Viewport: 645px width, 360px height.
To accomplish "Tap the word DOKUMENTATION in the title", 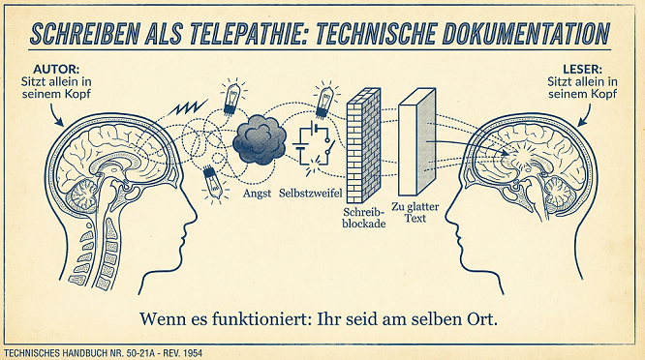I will pyautogui.click(x=520, y=32).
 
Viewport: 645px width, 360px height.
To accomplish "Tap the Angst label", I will pyautogui.click(x=257, y=194).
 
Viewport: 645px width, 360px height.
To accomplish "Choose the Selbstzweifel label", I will pyautogui.click(x=309, y=194).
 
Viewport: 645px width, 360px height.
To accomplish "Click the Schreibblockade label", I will pyautogui.click(x=363, y=216).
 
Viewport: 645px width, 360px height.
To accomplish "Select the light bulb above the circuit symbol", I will pyautogui.click(x=323, y=99).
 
